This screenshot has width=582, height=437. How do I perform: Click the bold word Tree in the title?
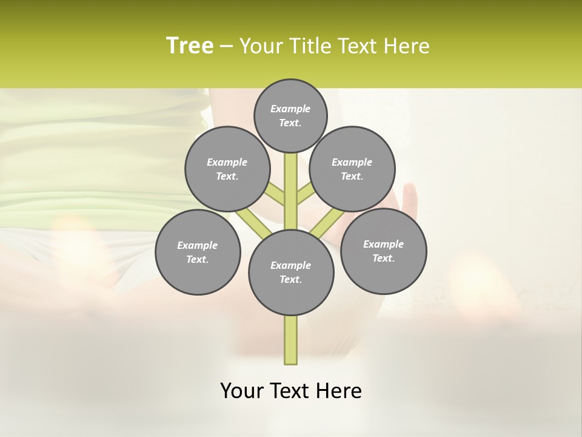(x=190, y=46)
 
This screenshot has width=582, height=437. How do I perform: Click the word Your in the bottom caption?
(x=242, y=391)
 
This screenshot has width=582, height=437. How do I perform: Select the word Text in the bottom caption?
(x=291, y=391)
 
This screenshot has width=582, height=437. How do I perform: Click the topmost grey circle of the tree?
(x=290, y=115)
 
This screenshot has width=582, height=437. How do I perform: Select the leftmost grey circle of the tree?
(x=198, y=252)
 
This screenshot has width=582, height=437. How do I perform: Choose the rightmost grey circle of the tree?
(x=383, y=251)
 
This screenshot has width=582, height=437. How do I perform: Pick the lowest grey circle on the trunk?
(x=291, y=273)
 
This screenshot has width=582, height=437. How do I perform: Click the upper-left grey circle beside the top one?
(x=227, y=169)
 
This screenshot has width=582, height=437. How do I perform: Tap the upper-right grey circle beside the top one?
(x=352, y=169)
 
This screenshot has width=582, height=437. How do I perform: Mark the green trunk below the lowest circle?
(x=291, y=340)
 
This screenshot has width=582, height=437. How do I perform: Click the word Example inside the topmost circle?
(x=290, y=109)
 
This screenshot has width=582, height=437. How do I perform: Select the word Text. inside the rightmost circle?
(x=383, y=258)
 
